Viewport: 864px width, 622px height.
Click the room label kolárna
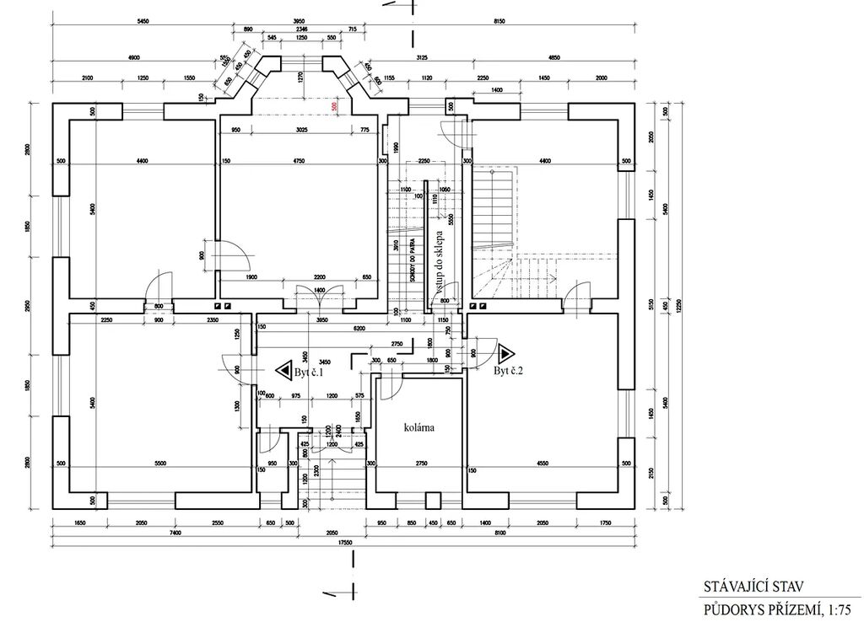click(x=418, y=428)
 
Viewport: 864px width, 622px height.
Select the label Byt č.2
click(x=509, y=372)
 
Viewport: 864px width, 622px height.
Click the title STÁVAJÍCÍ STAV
click(x=744, y=585)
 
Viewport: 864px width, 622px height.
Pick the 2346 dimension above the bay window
click(x=302, y=29)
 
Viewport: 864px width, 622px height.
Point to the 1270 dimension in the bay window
click(x=300, y=77)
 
